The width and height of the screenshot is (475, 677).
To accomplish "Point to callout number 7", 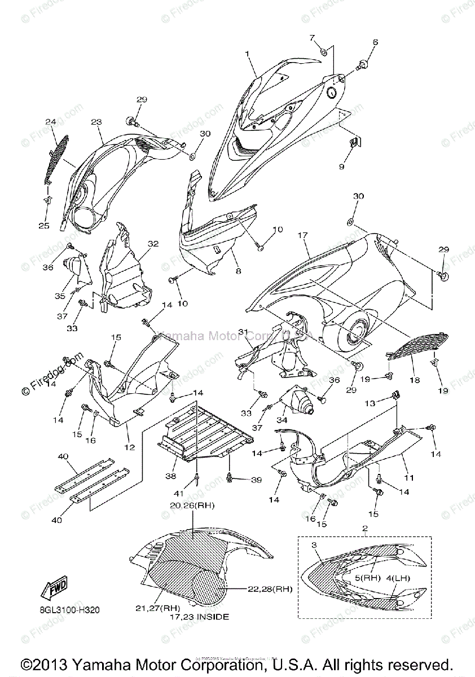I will [311, 37].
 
